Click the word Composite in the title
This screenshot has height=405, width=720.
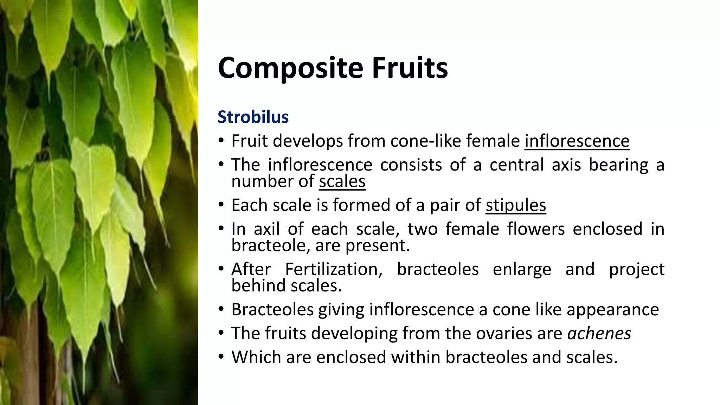[x=290, y=68]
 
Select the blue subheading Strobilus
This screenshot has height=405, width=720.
[x=253, y=117]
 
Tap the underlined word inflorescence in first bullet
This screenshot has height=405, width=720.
[x=577, y=141]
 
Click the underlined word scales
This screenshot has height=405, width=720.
[x=342, y=181]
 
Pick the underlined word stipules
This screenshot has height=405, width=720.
[x=516, y=205]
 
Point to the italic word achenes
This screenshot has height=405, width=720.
[x=599, y=333]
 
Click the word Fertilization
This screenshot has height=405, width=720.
[x=334, y=269]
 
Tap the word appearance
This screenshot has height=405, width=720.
[x=612, y=310]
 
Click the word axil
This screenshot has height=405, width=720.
[x=266, y=229]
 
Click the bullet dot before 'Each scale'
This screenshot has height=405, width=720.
[x=221, y=205]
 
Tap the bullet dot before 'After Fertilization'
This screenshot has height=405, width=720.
[x=221, y=269]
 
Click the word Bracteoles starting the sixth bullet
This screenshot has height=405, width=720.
[x=272, y=310]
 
